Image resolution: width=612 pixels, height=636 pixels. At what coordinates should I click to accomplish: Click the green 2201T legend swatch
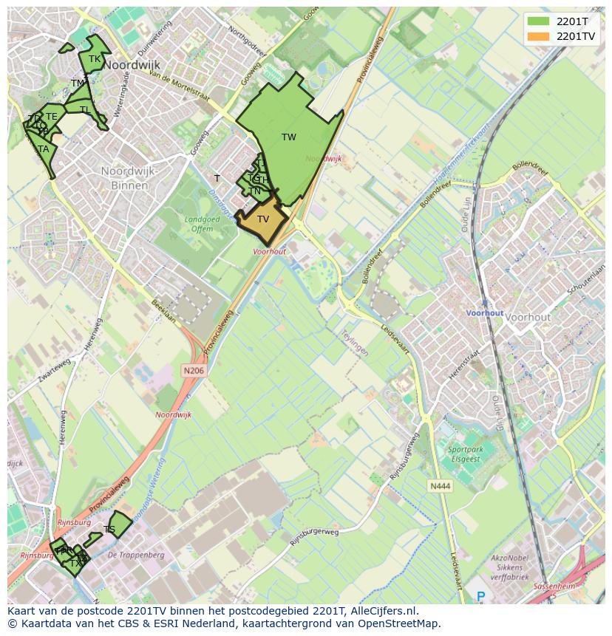pyautogui.click(x=539, y=21)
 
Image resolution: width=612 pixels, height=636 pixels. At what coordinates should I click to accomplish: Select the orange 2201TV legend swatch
pyautogui.click(x=539, y=35)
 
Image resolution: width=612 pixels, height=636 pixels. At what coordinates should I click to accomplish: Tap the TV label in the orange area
pyautogui.click(x=263, y=219)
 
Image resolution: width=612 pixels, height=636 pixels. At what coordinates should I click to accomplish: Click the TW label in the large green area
pyautogui.click(x=289, y=137)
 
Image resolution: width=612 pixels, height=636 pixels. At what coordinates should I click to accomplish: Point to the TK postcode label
pyautogui.click(x=95, y=59)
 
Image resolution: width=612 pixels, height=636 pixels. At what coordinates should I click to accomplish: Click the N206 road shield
pyautogui.click(x=193, y=370)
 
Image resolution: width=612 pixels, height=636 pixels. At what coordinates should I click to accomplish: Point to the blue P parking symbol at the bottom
pyautogui.click(x=481, y=596)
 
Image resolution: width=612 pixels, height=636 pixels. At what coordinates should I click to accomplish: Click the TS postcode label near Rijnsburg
pyautogui.click(x=109, y=530)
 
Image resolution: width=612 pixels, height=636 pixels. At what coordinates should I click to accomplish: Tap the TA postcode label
pyautogui.click(x=44, y=149)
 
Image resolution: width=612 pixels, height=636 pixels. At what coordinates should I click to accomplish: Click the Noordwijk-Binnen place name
pyautogui.click(x=130, y=178)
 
